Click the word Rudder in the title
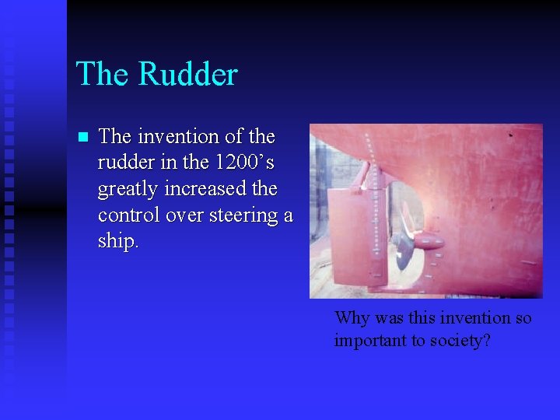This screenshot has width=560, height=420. pyautogui.click(x=187, y=75)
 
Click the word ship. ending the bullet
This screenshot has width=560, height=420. pyautogui.click(x=118, y=242)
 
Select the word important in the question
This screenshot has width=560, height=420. pyautogui.click(x=369, y=340)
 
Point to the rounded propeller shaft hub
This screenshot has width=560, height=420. pyautogui.click(x=429, y=243)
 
